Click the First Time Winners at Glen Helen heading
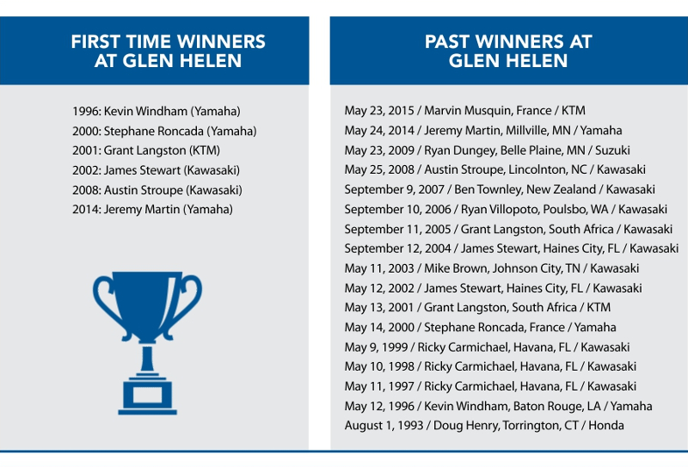click(168, 51)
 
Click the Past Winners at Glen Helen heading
click(508, 51)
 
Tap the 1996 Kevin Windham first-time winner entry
click(157, 111)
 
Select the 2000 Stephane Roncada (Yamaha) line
click(164, 131)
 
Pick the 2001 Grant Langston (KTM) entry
click(146, 151)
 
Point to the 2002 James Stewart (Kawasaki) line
click(157, 170)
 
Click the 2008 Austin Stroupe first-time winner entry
click(157, 190)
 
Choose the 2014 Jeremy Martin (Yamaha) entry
click(152, 209)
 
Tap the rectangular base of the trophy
click(147, 395)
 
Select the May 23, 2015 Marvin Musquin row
click(464, 111)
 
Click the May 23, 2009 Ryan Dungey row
click(487, 151)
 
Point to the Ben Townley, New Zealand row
click(500, 189)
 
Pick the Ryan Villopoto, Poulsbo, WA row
click(506, 209)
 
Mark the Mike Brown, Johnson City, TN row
click(491, 268)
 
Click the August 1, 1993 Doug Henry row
click(484, 426)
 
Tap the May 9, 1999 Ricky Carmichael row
click(487, 347)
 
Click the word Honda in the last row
click(606, 426)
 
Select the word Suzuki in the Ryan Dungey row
click(612, 151)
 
